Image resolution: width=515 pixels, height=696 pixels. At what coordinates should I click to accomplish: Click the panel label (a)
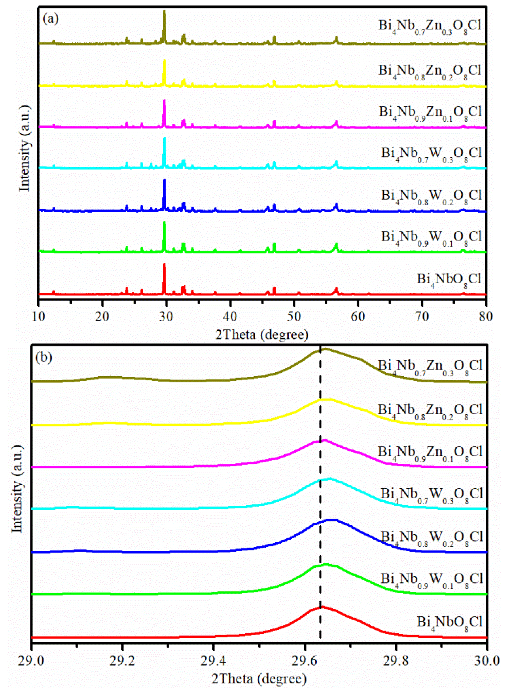tap(51, 19)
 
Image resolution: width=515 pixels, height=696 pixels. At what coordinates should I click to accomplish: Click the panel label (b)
tap(44, 357)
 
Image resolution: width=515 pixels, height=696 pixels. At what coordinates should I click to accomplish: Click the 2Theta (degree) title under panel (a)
tap(262, 335)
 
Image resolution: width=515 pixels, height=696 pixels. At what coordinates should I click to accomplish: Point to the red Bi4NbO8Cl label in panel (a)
tap(449, 279)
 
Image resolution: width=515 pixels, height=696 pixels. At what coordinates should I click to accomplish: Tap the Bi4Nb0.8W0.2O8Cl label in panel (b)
tap(432, 538)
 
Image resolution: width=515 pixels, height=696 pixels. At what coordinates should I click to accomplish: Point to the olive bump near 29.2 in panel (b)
tap(108, 377)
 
